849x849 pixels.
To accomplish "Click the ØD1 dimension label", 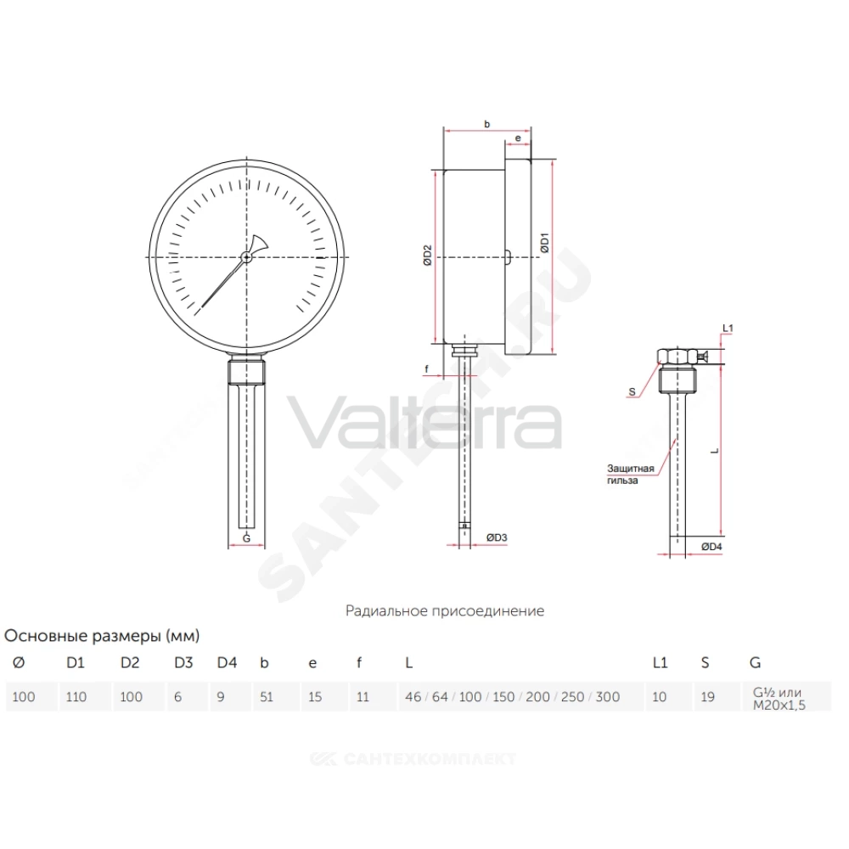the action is click(544, 242).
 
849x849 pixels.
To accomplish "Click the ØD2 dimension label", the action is click(428, 255).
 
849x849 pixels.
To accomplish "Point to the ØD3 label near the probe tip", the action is click(497, 537).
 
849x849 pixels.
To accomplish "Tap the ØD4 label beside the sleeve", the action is click(711, 546).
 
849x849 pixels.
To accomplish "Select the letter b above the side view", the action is click(486, 124).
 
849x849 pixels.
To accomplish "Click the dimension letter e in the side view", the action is click(518, 138).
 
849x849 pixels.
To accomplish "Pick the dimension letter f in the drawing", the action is click(427, 368).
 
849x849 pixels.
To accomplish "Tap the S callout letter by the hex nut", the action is click(632, 391).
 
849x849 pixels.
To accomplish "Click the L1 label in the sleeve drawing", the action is click(728, 328).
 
